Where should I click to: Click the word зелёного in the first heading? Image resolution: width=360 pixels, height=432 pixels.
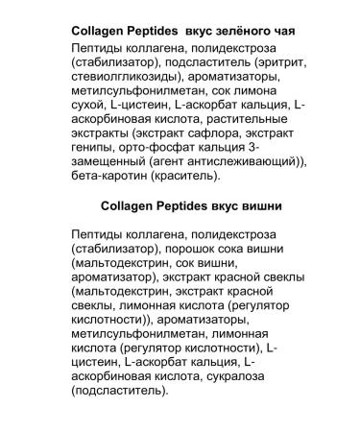pyautogui.click(x=230, y=31)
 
